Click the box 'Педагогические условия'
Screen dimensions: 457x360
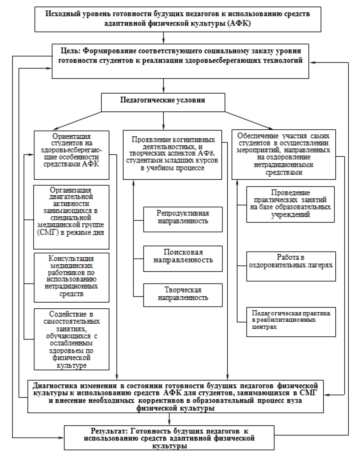[x=164, y=100]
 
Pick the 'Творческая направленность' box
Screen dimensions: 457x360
[x=182, y=294]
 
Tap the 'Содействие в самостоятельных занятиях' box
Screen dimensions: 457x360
[x=71, y=338]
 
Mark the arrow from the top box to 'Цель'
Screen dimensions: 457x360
[x=163, y=37]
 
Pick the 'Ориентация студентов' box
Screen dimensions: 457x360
[x=71, y=154]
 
